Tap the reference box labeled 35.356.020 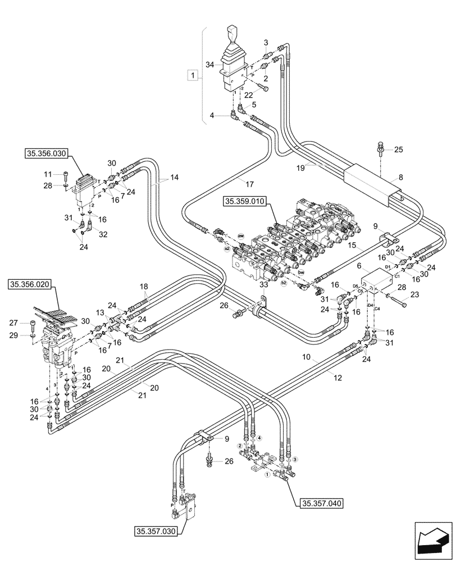(31, 285)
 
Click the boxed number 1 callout (192, 75)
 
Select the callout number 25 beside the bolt (399, 149)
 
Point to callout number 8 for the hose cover (400, 177)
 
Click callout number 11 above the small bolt (48, 174)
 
